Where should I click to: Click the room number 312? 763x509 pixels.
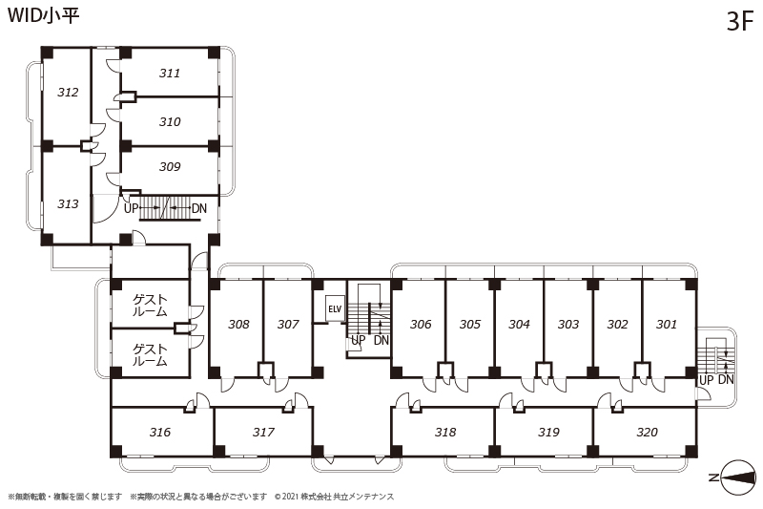(x=68, y=92)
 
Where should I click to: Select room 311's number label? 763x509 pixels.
(x=170, y=74)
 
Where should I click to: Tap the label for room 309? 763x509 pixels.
(x=170, y=166)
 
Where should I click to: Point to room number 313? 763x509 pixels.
(x=68, y=203)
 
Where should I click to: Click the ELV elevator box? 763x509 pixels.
(x=335, y=308)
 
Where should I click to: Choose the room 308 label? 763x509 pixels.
(x=238, y=324)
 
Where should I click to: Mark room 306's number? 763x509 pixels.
(x=421, y=324)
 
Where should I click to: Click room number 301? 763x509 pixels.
(x=666, y=324)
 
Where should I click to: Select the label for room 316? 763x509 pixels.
(x=160, y=432)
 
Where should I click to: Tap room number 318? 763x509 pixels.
(x=445, y=432)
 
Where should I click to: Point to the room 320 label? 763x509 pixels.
(x=647, y=432)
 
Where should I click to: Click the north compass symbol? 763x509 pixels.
(x=738, y=477)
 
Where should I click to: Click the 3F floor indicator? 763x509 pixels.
(x=740, y=21)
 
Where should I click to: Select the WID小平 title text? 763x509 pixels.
(x=43, y=15)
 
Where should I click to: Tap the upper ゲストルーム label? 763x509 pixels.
(x=150, y=306)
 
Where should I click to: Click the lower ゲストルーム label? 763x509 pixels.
(x=150, y=355)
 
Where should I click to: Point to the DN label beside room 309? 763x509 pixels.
(x=199, y=208)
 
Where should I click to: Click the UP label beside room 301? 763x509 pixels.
(x=706, y=380)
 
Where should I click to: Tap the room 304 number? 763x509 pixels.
(x=519, y=324)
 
